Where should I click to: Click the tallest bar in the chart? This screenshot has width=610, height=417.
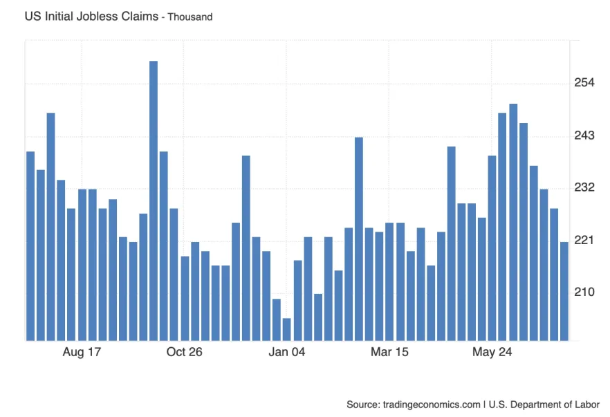154,201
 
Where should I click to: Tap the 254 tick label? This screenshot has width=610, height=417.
584,84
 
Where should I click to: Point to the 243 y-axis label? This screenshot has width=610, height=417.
584,136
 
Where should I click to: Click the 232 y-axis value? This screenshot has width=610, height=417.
584,188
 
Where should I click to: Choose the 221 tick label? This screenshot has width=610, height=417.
584,240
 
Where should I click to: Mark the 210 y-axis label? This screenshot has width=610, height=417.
584,293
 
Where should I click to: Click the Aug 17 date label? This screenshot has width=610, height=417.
82,352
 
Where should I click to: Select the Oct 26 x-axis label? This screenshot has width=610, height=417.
185,352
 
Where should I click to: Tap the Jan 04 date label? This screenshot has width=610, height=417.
287,352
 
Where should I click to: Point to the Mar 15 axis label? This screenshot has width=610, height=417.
389,352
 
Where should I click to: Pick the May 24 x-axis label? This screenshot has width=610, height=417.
492,352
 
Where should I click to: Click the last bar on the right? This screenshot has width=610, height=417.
564,291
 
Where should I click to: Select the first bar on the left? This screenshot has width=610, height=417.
30,245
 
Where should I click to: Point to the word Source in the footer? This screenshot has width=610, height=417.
362,405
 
